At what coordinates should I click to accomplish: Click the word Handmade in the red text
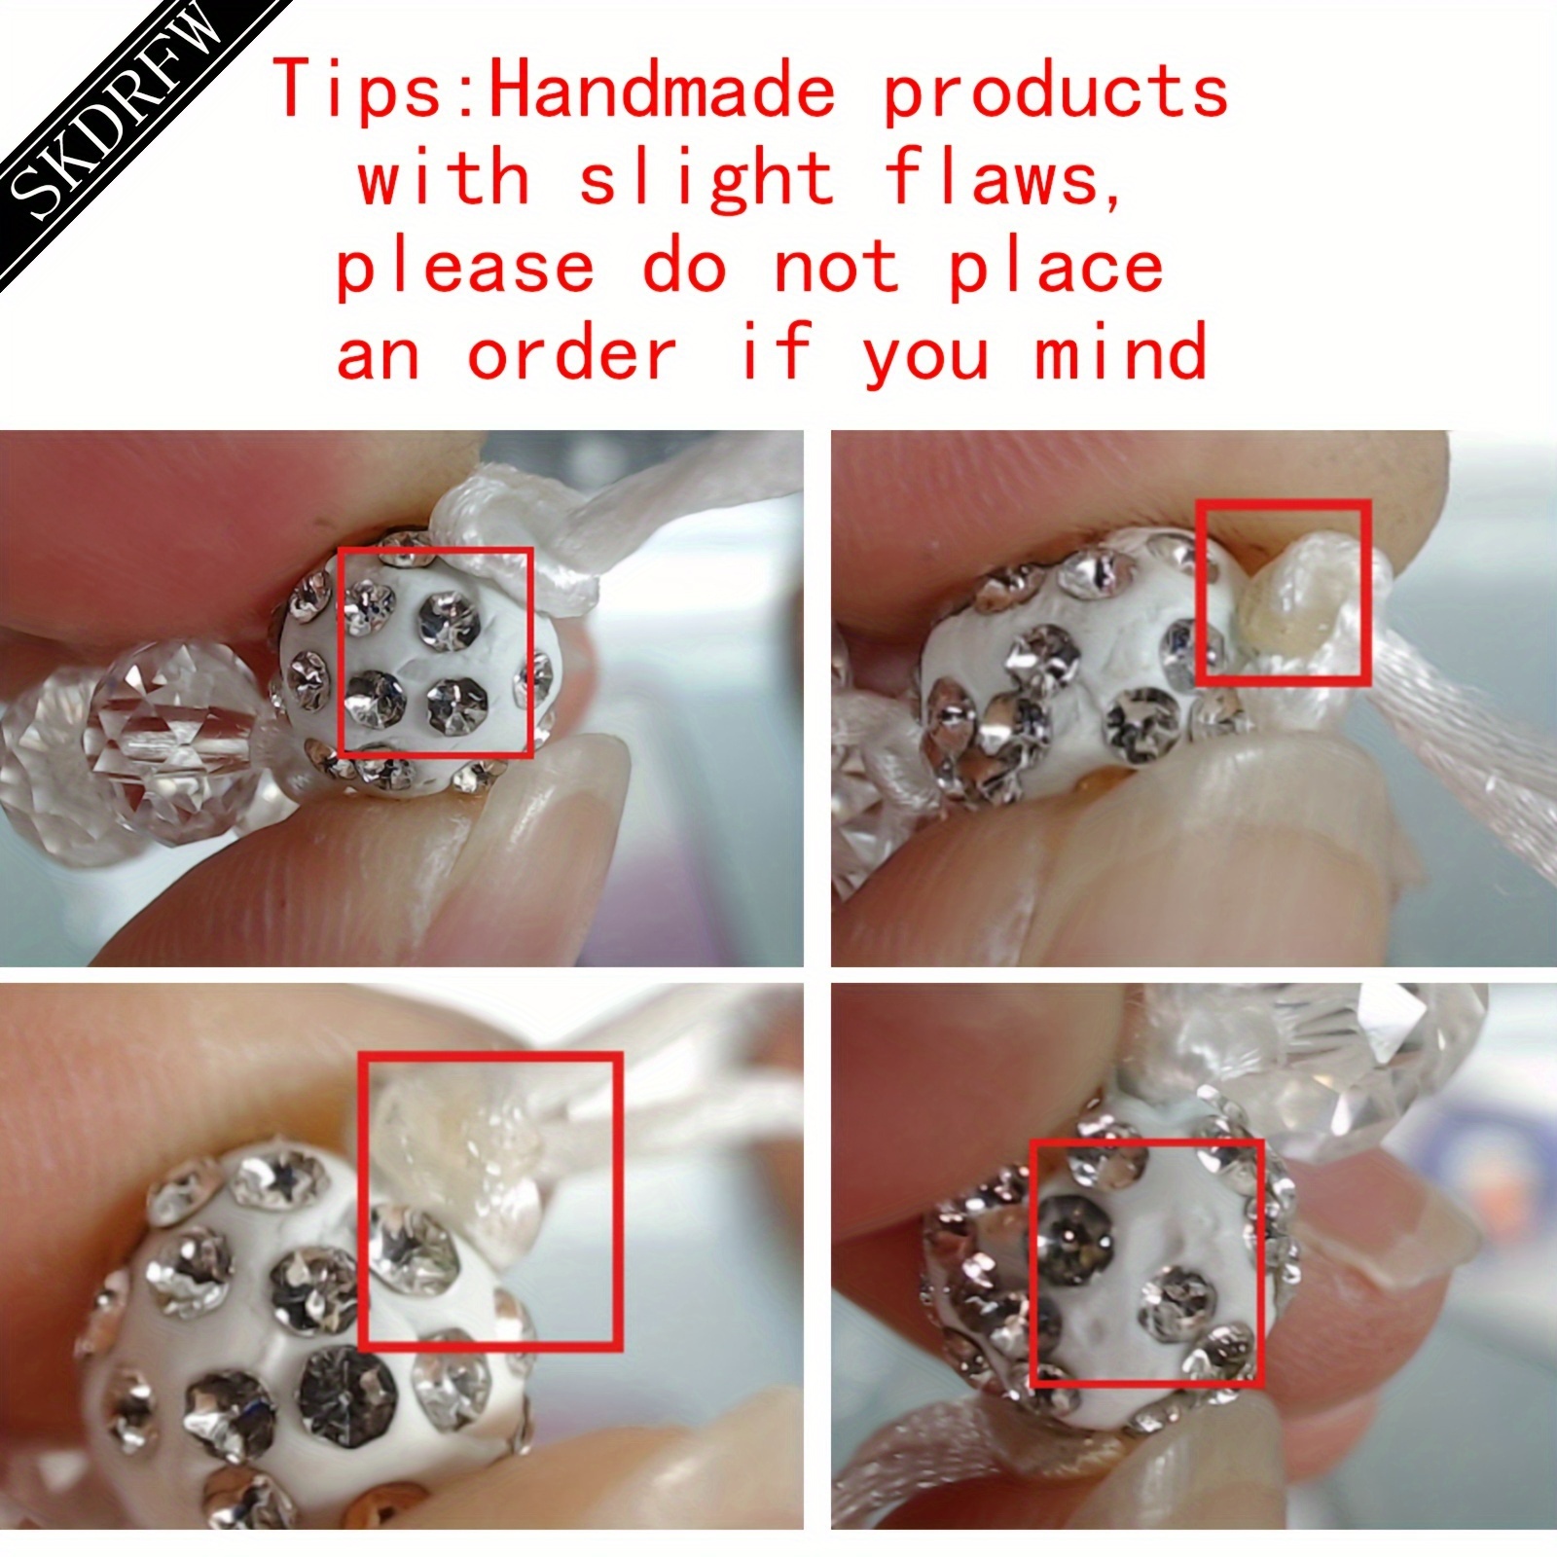click(663, 90)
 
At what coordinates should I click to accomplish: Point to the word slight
click(706, 179)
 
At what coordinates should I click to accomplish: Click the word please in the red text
click(464, 269)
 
